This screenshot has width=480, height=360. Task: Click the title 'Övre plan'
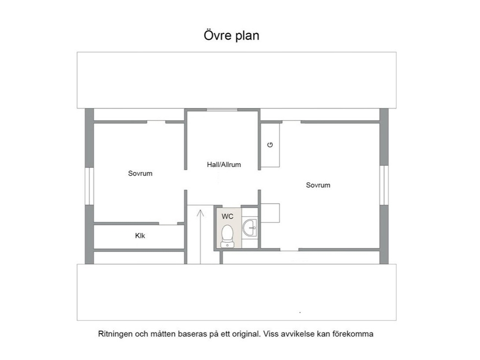[231, 35]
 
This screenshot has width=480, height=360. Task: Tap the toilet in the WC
[227, 236]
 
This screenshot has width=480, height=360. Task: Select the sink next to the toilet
[250, 228]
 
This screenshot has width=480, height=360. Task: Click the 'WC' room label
[227, 216]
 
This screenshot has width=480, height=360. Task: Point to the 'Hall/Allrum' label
[224, 165]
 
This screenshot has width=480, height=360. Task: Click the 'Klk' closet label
[140, 236]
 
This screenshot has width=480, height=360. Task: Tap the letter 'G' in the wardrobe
[270, 145]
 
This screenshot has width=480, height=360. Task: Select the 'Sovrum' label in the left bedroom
[140, 174]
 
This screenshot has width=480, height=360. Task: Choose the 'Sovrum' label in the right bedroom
[318, 185]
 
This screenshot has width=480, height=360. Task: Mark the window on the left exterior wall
[89, 186]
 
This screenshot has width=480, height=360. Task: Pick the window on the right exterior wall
[384, 185]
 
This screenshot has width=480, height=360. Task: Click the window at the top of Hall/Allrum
[222, 110]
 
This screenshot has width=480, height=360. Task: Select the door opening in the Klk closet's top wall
[168, 224]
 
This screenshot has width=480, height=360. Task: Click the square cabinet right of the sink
[270, 213]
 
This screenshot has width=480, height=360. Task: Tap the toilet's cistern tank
[227, 244]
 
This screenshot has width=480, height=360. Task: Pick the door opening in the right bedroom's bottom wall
[289, 250]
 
